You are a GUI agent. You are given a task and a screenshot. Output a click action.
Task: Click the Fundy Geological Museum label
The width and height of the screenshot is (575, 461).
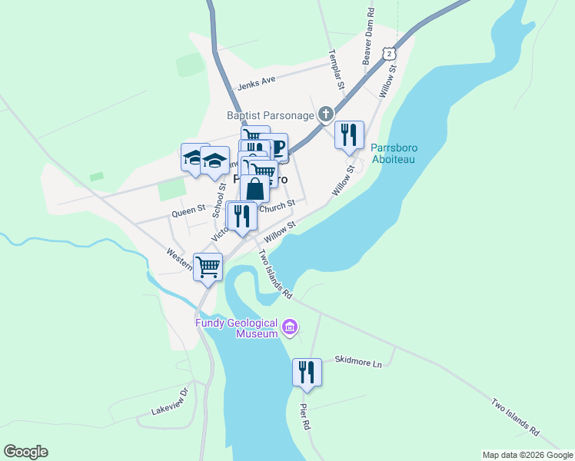235,328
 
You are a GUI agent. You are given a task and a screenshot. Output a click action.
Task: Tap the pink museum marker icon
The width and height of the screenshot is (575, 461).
290,328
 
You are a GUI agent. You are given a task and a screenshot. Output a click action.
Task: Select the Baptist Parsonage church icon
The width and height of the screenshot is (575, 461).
326,115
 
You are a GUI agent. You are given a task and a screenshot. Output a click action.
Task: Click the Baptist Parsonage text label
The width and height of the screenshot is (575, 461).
271,115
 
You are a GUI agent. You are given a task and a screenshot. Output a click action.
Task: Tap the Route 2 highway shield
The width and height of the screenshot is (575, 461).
391,53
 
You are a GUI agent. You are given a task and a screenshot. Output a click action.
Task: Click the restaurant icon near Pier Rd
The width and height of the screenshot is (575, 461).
307,372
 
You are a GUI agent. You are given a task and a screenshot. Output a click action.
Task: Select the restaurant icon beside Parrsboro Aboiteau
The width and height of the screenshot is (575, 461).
349,134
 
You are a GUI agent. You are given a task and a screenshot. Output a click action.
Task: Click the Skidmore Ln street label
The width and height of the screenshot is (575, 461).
358,360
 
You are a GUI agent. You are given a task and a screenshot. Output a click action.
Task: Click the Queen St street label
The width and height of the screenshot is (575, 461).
188,208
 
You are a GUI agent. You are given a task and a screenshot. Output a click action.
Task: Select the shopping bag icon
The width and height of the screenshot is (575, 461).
254,189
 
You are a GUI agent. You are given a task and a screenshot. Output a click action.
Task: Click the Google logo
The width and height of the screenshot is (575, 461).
25,452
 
